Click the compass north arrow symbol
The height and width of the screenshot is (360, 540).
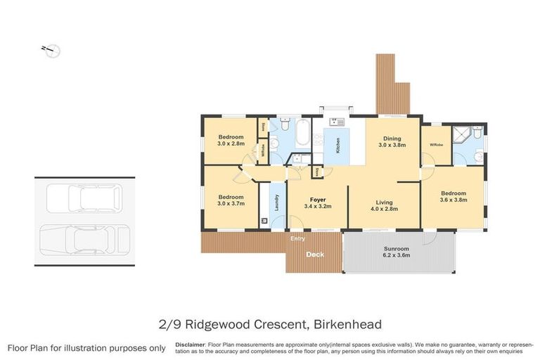coord(51,50)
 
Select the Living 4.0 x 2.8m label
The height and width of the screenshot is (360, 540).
coord(378,204)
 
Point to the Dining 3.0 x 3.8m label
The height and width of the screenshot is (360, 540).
coord(392,142)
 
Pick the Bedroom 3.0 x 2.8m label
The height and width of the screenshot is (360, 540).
coord(230,140)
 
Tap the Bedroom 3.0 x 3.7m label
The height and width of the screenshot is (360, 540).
coord(230,200)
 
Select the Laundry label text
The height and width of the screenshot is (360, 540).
coord(277,202)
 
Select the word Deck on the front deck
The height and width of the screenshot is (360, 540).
coord(314,255)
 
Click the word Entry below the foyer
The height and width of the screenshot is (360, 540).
coord(298,239)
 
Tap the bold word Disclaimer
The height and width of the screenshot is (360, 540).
coord(190,345)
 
